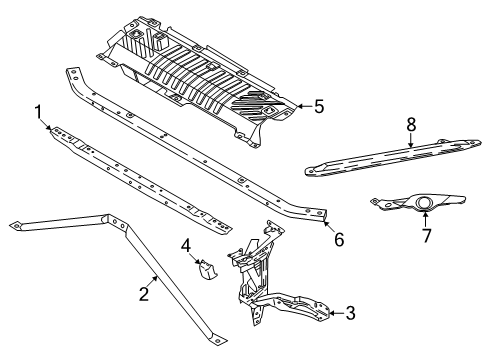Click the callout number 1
[39, 112]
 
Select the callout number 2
[144, 294]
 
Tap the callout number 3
[350, 313]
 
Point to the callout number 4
[186, 246]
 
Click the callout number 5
[319, 107]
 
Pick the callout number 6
[339, 239]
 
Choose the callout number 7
[427, 236]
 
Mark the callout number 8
[412, 125]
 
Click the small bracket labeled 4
[207, 269]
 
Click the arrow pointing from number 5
[304, 107]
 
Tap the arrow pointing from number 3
[336, 313]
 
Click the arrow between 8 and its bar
[411, 140]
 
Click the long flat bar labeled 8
[393, 157]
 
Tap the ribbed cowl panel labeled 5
[196, 81]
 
